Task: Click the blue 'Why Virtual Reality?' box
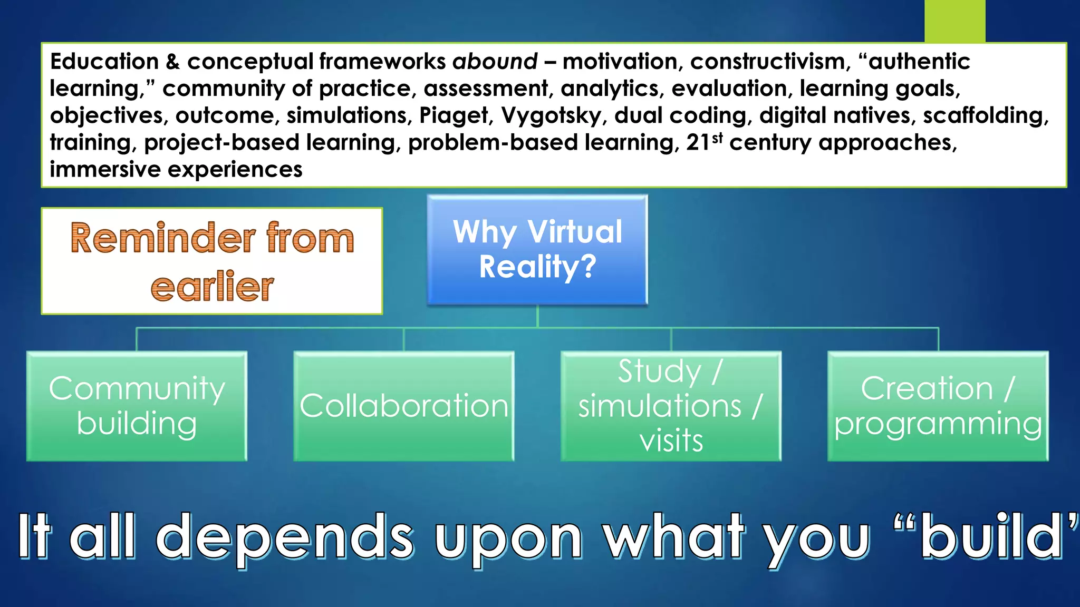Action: point(537,250)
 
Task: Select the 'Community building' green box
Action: point(137,406)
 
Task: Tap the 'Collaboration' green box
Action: point(403,406)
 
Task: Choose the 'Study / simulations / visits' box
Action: point(671,406)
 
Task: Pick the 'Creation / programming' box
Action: point(938,406)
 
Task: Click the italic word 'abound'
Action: point(495,62)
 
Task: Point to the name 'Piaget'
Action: point(454,116)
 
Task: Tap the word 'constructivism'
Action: point(770,62)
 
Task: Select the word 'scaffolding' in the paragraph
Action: point(985,116)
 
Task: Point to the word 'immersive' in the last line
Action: point(105,170)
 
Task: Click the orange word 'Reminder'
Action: point(162,238)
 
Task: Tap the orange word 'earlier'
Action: point(212,287)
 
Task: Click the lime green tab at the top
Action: point(954,21)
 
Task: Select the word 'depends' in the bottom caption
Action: point(285,537)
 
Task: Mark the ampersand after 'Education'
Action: point(172,62)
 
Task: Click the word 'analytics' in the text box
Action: point(610,89)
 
